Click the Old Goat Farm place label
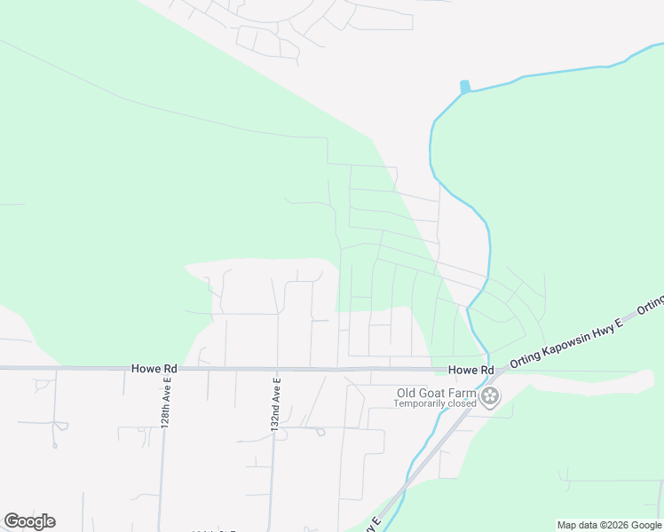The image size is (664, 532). [x=435, y=393]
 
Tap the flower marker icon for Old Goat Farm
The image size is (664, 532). [x=490, y=395]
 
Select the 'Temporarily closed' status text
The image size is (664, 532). [x=435, y=403]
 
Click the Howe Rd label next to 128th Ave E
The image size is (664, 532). [x=154, y=368]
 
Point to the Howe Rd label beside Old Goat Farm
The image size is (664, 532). [x=470, y=370]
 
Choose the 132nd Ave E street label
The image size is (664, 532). [x=276, y=404]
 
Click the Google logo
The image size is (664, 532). [x=29, y=521]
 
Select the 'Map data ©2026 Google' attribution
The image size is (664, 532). [x=608, y=525]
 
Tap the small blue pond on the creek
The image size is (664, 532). [x=464, y=87]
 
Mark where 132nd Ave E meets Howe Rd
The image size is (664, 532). [x=276, y=368]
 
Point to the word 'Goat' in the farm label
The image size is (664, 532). [x=435, y=393]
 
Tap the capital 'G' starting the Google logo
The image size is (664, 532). [x=12, y=521]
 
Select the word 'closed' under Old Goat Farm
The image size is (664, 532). [x=459, y=403]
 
